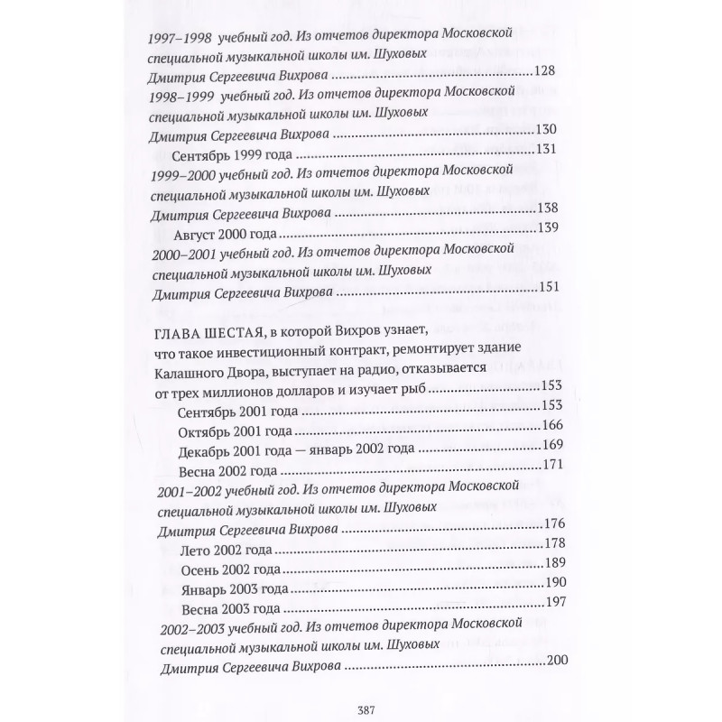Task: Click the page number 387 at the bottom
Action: (x=360, y=708)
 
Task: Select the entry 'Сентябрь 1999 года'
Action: (x=224, y=152)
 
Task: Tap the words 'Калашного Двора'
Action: (x=199, y=368)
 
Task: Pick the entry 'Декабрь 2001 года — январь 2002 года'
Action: (x=296, y=448)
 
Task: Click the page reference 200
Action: (x=557, y=664)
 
